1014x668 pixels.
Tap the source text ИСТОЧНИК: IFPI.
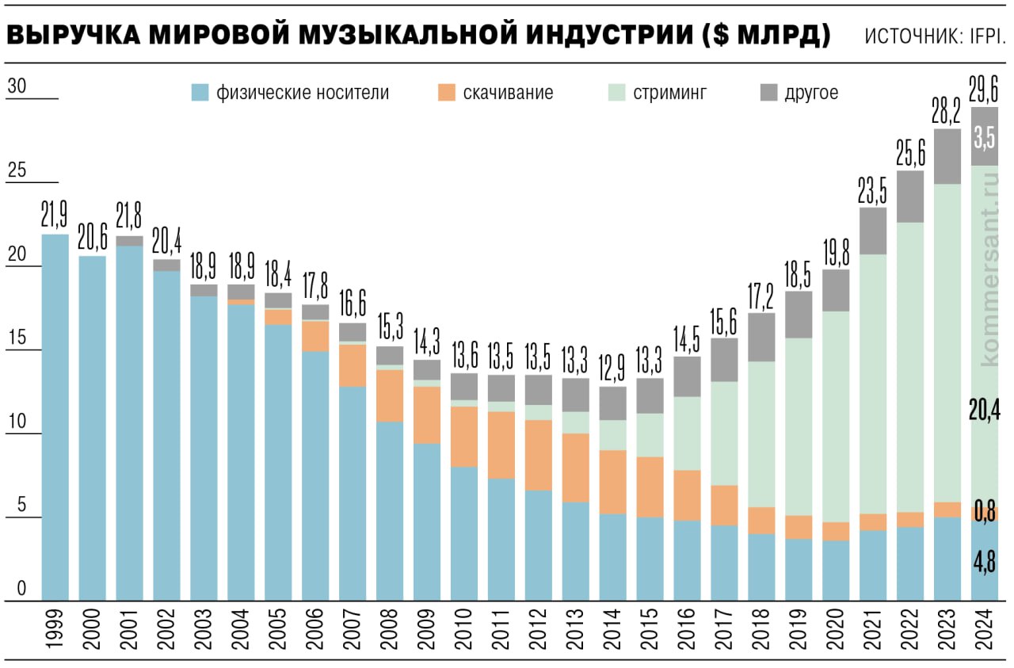(x=935, y=36)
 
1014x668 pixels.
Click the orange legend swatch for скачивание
(x=446, y=93)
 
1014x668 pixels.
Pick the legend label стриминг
(x=669, y=93)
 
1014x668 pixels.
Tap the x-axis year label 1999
(x=55, y=630)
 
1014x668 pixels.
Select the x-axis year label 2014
(x=612, y=630)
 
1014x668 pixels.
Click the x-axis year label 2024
(x=985, y=630)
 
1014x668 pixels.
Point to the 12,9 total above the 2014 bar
(x=612, y=368)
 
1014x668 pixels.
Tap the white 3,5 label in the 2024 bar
(x=985, y=136)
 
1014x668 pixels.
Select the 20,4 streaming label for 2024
(x=985, y=410)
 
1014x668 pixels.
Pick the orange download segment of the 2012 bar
(x=539, y=455)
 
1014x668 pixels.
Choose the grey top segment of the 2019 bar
(x=799, y=315)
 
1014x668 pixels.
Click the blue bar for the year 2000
(x=92, y=428)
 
